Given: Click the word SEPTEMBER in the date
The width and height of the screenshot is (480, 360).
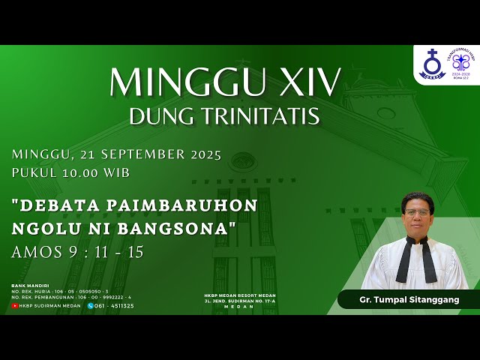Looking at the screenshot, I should (139, 155).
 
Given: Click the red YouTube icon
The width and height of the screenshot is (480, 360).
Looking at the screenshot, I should (15, 305).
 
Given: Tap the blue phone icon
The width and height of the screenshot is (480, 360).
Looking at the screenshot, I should (91, 305).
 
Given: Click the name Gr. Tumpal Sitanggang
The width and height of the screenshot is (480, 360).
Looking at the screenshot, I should (408, 300).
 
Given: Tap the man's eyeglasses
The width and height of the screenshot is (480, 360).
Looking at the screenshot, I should (417, 213).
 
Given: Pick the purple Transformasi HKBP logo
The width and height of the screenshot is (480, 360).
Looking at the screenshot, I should (460, 64).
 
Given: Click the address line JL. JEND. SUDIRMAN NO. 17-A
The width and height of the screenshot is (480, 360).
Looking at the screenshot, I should (240, 301).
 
